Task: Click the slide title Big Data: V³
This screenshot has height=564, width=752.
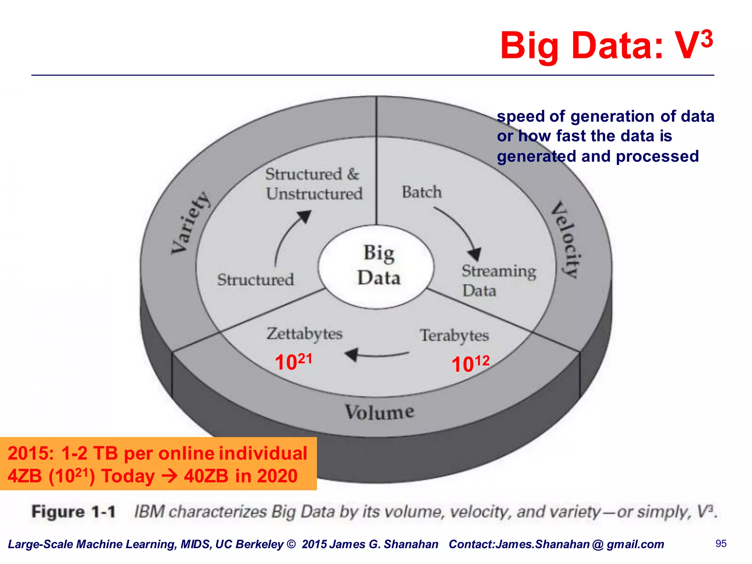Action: click(x=606, y=46)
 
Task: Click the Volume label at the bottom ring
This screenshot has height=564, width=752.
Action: click(x=379, y=412)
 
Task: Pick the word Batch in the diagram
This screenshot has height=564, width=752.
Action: click(x=422, y=192)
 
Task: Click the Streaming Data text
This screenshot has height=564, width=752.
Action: click(x=498, y=280)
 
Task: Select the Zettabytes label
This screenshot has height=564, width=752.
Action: click(x=304, y=334)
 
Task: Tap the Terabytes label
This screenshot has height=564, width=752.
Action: click(x=454, y=336)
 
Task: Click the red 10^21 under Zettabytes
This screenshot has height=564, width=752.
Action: click(x=293, y=362)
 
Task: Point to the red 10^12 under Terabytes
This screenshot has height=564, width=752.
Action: click(x=470, y=364)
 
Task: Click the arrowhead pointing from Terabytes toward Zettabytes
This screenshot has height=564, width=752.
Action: click(x=351, y=354)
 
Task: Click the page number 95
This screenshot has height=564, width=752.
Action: click(x=721, y=543)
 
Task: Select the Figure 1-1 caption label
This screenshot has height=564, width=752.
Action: click(x=73, y=511)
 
